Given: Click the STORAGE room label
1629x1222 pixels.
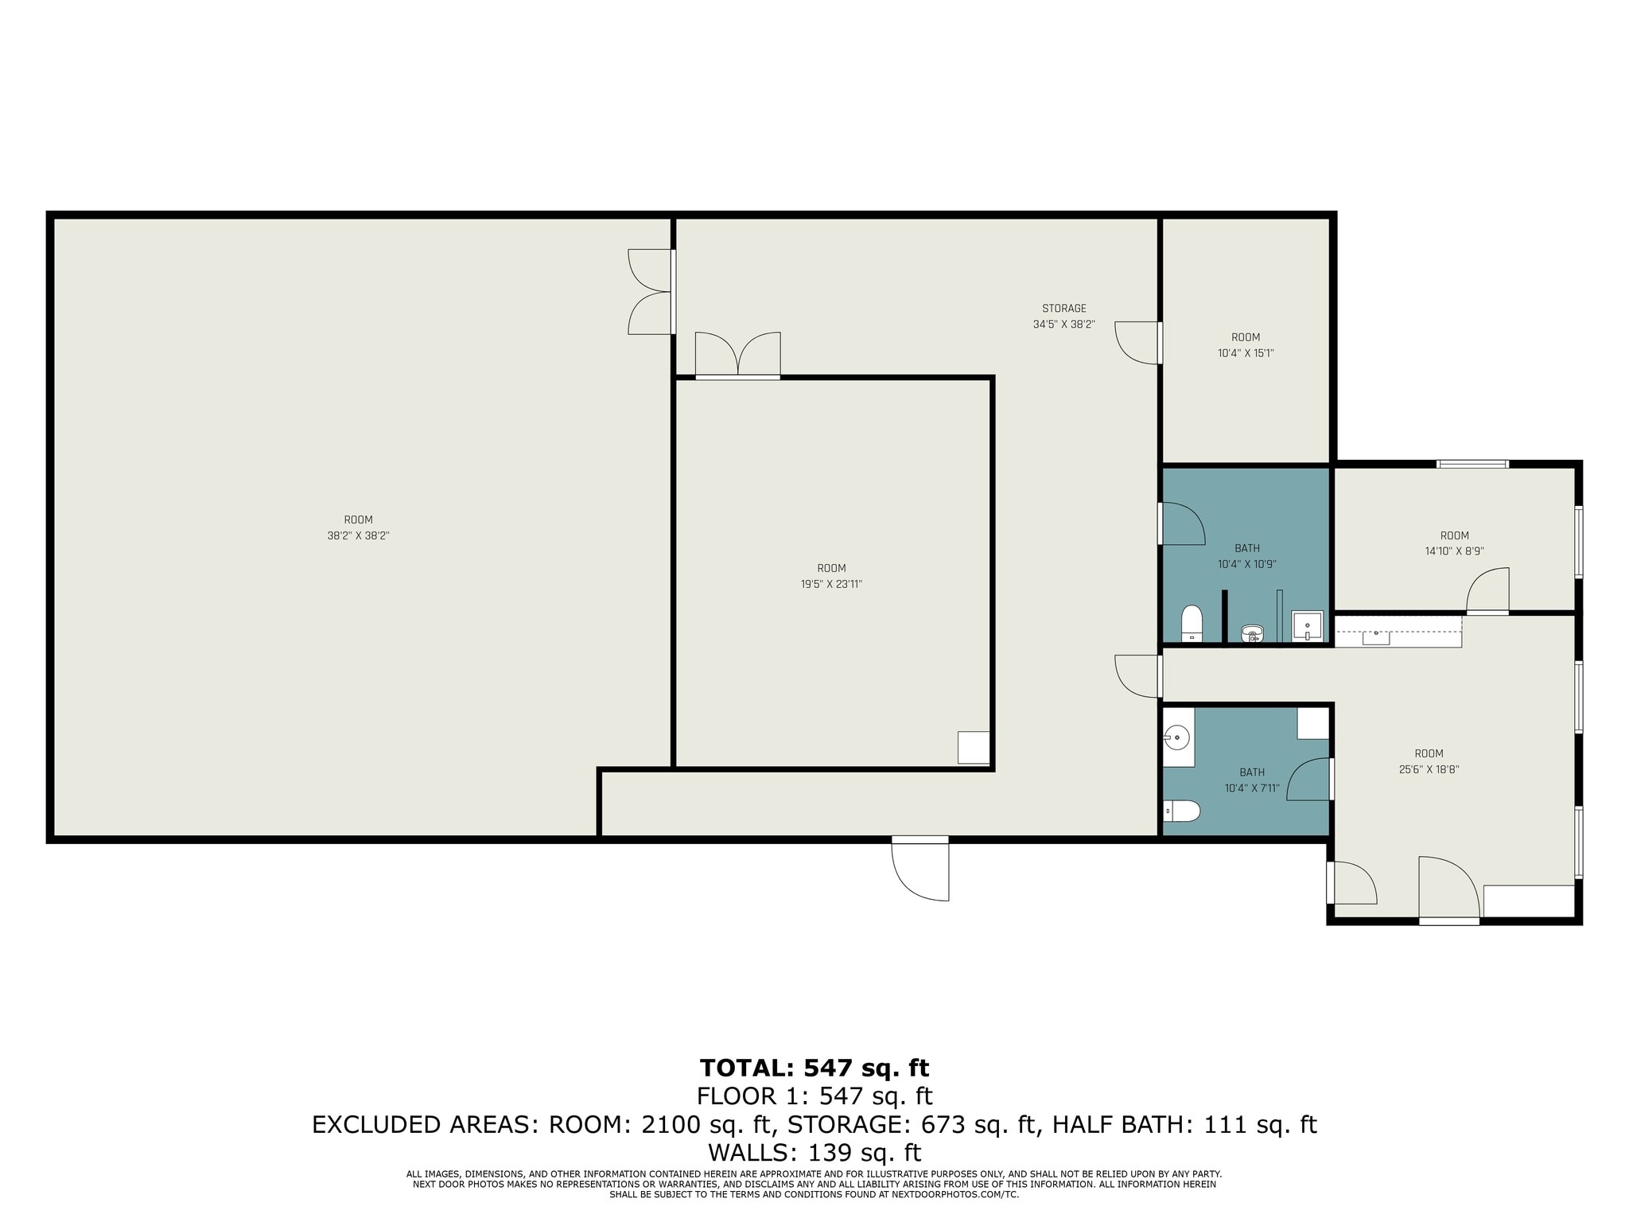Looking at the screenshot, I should point(1063,309).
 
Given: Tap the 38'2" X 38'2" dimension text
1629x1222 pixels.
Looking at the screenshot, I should point(358,536).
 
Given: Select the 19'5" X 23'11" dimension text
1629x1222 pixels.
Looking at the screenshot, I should point(831,584).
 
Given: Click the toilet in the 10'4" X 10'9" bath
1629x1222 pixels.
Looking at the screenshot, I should point(1191,622).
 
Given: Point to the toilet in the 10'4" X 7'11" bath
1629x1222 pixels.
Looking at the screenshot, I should point(1184,811).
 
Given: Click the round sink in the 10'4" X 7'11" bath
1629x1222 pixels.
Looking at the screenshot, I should point(1177,738).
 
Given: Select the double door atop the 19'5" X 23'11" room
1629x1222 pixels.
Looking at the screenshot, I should point(737,355).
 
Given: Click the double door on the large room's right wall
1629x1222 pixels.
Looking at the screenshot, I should point(651,292).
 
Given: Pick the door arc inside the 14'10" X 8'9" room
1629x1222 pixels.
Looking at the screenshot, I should point(1488,590).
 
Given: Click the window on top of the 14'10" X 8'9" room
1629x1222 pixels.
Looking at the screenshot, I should point(1472,464).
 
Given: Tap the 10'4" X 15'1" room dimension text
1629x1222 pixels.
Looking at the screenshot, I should point(1246,353).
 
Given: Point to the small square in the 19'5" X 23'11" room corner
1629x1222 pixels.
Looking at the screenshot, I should point(974,747).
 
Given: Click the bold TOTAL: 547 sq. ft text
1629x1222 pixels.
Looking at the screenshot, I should point(814,1067).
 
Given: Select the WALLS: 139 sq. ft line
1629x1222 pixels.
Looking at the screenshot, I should point(814,1152).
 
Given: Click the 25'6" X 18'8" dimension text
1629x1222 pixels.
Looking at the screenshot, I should point(1429,769).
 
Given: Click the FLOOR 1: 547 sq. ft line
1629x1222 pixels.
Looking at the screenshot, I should point(814,1096).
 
